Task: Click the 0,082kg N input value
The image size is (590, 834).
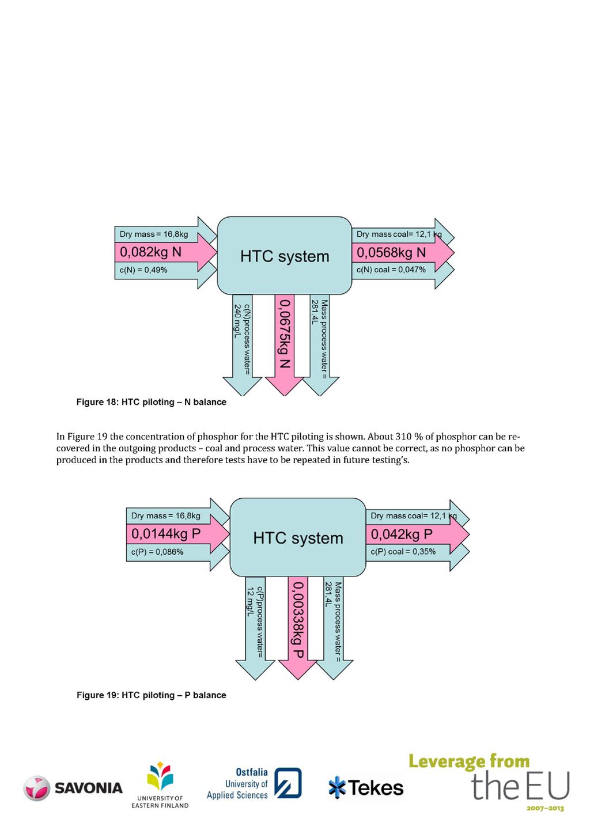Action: [x=150, y=252]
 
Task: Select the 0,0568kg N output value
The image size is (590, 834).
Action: [x=391, y=253]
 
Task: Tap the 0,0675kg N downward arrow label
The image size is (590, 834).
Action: [x=285, y=333]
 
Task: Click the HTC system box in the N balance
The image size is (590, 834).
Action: [x=285, y=256]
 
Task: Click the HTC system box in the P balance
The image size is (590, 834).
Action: [x=298, y=537]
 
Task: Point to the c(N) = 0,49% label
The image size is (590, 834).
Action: [x=143, y=270]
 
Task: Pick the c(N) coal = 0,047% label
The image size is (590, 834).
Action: [x=391, y=270]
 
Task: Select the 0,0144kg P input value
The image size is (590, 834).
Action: [x=166, y=534]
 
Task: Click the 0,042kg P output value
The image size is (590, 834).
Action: [x=402, y=534]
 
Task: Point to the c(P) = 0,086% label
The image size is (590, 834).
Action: [x=157, y=552]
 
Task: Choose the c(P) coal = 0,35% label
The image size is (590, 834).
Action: [x=403, y=551]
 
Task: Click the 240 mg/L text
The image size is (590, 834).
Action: [x=237, y=321]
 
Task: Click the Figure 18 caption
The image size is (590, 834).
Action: [x=151, y=402]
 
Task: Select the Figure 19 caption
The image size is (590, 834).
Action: [x=151, y=695]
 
